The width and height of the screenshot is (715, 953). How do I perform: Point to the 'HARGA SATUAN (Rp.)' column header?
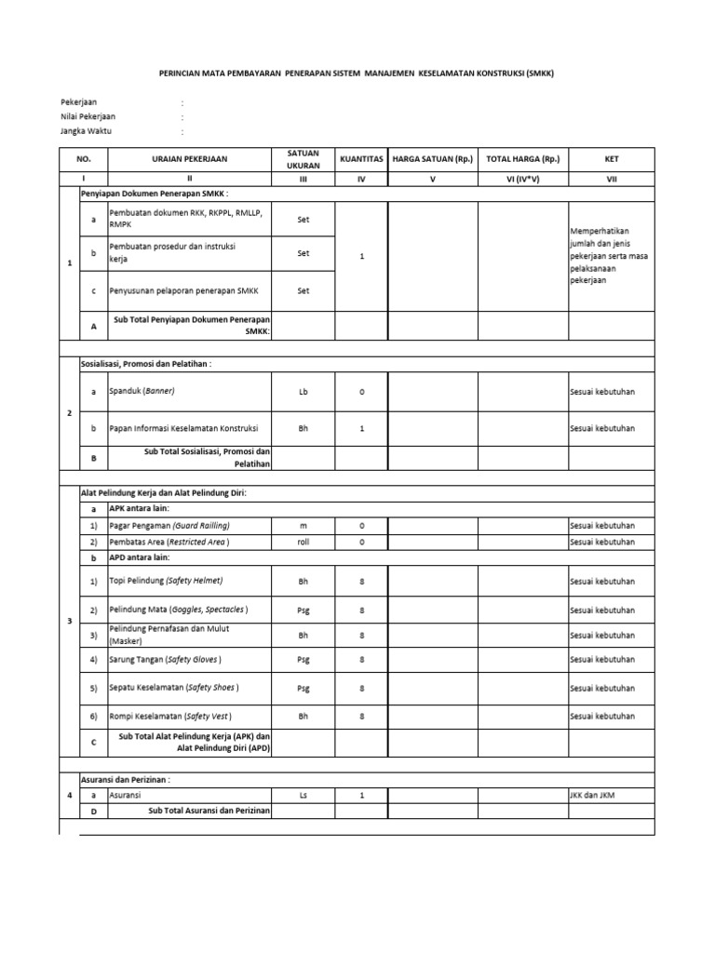click(x=432, y=159)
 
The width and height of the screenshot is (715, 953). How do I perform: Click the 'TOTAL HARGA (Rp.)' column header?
click(x=524, y=159)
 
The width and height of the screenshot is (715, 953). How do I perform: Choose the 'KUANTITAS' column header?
click(x=361, y=159)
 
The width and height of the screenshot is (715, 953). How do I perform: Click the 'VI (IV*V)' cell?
click(x=524, y=179)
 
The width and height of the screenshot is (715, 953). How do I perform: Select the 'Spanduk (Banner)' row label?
click(x=142, y=392)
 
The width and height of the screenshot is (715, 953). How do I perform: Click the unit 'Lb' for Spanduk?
click(x=303, y=392)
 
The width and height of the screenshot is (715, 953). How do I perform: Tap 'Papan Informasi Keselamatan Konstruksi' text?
click(x=183, y=428)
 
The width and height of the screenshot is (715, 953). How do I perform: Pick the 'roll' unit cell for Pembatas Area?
click(x=303, y=542)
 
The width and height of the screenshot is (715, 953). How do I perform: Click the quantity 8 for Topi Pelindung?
click(x=361, y=581)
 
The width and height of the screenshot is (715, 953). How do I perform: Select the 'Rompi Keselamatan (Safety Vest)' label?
click(x=170, y=717)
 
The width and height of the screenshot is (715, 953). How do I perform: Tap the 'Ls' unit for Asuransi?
click(x=303, y=796)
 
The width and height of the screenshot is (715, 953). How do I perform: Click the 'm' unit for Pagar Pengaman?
click(x=303, y=526)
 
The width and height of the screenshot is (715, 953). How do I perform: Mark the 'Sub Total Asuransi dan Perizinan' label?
click(x=209, y=812)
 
